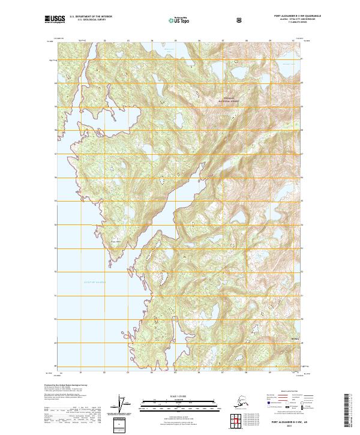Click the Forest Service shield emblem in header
239,19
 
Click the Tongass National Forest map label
232,100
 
